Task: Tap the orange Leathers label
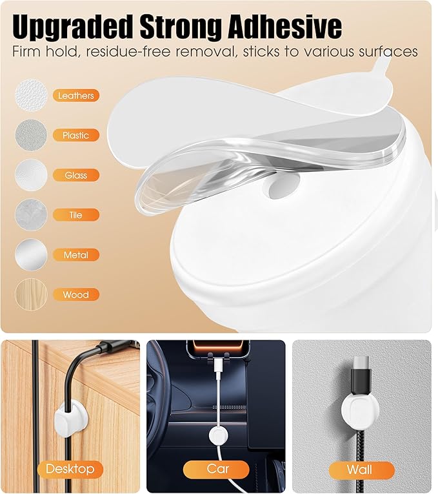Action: (x=76, y=96)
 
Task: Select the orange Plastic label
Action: (x=76, y=135)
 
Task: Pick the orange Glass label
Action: (x=76, y=175)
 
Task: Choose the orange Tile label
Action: (x=76, y=215)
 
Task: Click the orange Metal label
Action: (x=76, y=255)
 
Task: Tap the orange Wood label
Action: (x=76, y=294)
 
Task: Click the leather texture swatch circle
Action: (x=31, y=95)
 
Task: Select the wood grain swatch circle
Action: (x=31, y=294)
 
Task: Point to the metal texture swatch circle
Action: (x=31, y=254)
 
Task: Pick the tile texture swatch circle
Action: (x=31, y=215)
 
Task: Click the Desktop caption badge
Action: (x=70, y=469)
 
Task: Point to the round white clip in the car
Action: (x=219, y=435)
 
